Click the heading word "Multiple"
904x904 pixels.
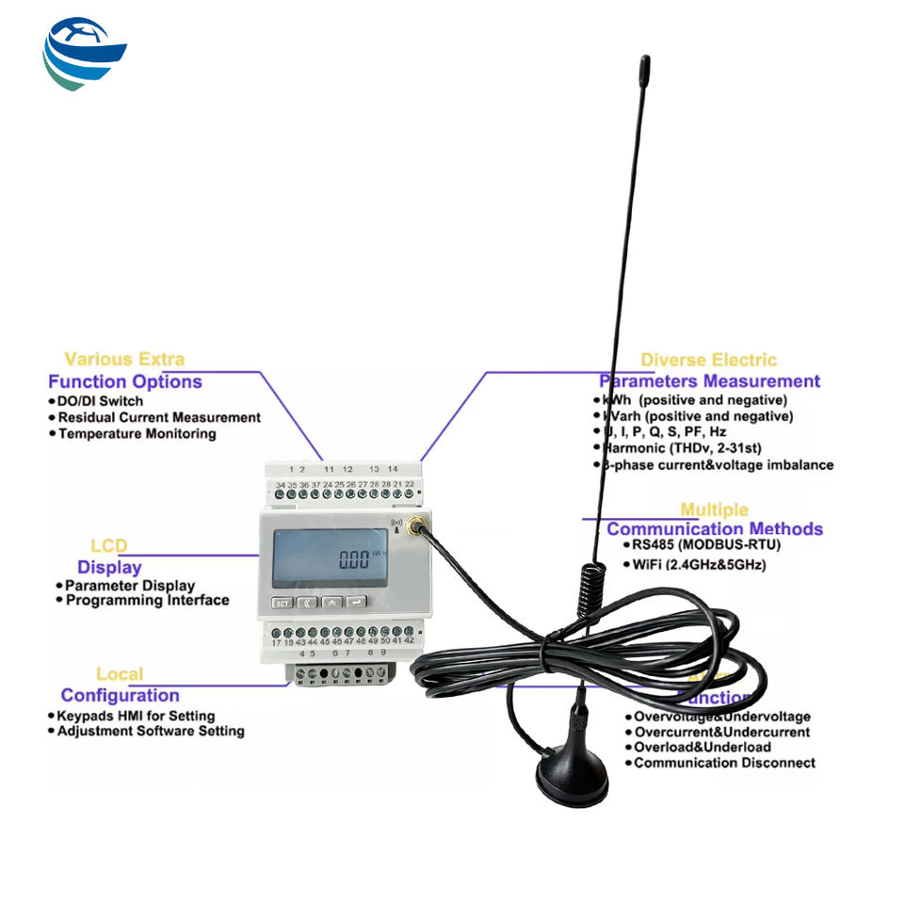[715, 509]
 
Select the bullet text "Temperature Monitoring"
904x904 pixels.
[137, 434]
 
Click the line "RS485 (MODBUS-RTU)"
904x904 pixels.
[706, 544]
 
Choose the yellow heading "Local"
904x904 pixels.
[120, 674]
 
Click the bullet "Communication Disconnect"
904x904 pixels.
[723, 763]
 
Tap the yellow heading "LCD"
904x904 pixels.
[109, 546]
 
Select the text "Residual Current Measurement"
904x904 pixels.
[159, 417]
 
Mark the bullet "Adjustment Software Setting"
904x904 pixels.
[151, 731]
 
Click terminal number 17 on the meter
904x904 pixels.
[277, 641]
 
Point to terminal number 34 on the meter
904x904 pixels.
[281, 484]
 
